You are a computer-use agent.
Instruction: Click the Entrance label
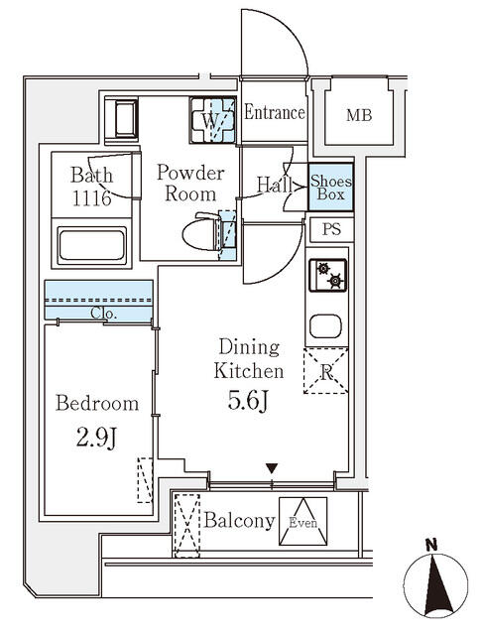click(x=274, y=112)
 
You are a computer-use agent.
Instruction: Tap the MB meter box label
click(x=358, y=115)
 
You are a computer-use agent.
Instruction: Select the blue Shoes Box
click(x=329, y=188)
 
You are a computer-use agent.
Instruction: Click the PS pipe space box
click(x=329, y=229)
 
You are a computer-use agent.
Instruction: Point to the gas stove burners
click(x=328, y=275)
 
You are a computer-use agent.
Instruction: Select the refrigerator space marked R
click(x=326, y=372)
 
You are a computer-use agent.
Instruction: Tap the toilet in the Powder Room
click(x=204, y=234)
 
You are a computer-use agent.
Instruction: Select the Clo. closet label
click(x=104, y=314)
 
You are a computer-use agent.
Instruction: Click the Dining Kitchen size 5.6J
click(x=249, y=403)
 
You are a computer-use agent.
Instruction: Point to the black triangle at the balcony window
click(x=271, y=468)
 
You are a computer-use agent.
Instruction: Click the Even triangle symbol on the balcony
click(x=302, y=522)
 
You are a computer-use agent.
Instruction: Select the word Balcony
click(x=239, y=521)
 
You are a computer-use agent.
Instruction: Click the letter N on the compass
click(x=430, y=544)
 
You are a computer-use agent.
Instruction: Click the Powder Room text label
click(x=190, y=184)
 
